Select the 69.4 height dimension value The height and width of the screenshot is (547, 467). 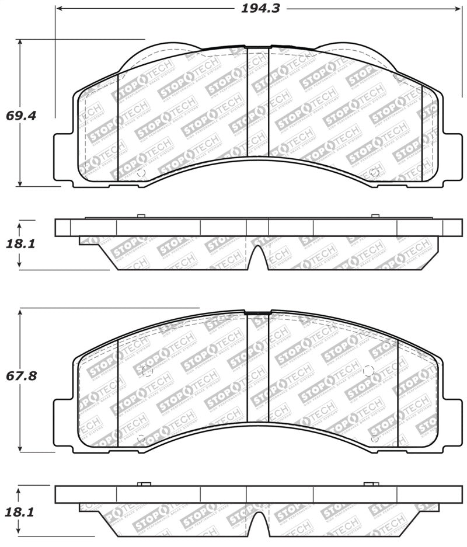(x=21, y=115)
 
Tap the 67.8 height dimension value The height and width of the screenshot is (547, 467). (x=21, y=375)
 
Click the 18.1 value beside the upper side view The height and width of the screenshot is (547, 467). (x=21, y=243)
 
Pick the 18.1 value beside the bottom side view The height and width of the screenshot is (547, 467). (x=21, y=512)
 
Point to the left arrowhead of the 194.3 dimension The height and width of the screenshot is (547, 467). (x=59, y=9)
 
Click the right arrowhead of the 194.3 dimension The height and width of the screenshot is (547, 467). (x=458, y=9)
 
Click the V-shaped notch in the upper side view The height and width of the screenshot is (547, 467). (x=258, y=257)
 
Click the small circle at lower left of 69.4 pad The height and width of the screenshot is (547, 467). (x=140, y=172)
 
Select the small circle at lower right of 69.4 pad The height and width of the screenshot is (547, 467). (x=374, y=172)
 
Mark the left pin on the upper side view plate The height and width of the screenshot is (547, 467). (x=141, y=217)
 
